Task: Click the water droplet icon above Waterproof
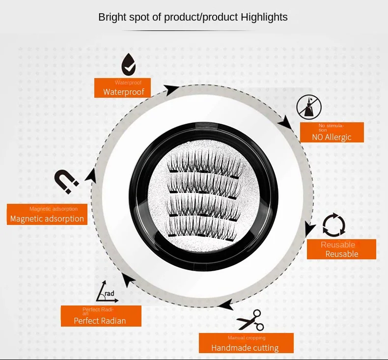129,65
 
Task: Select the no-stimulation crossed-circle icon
309,107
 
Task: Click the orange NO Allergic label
332,132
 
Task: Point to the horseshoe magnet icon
66,182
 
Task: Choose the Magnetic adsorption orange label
47,214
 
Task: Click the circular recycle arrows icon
334,225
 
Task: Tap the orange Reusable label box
341,249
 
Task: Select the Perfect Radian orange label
101,316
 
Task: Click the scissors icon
250,320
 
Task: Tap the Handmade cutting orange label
246,343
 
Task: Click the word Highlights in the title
264,17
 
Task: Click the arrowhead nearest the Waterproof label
171,89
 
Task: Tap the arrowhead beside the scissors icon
226,305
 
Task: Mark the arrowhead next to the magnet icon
91,175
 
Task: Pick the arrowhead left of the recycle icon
309,228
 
